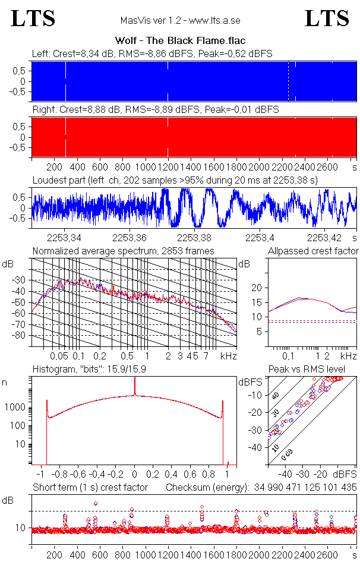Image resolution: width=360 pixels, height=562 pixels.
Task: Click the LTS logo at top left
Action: pos(33,18)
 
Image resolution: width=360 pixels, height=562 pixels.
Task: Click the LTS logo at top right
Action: pos(327,18)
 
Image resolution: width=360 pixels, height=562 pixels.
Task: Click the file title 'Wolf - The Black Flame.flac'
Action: pos(179,41)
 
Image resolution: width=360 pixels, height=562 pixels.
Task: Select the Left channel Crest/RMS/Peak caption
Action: pos(152,53)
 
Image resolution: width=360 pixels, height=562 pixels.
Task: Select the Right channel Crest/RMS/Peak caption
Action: pos(155,109)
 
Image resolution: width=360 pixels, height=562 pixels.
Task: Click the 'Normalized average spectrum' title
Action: pos(123,251)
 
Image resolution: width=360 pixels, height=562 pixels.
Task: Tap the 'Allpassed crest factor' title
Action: pos(313,251)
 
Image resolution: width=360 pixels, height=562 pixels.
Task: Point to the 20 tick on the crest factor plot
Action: pos(257,288)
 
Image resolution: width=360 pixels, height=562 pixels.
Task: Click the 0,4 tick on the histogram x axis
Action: pos(172,475)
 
